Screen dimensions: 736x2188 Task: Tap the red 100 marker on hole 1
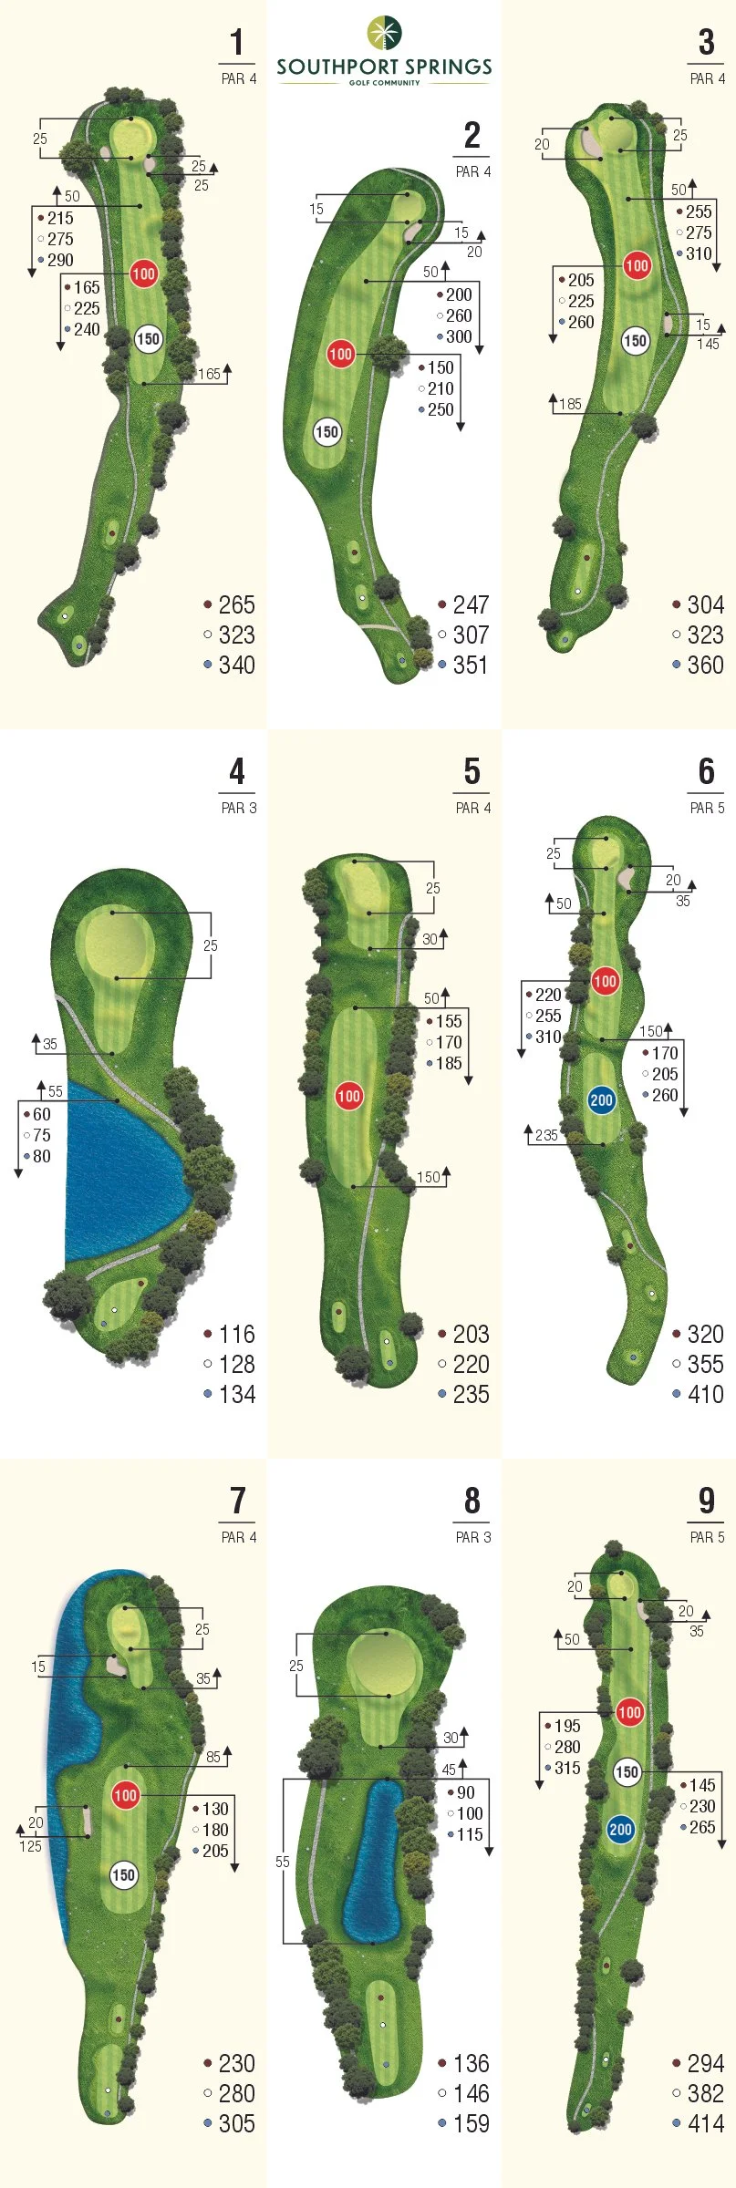pyautogui.click(x=144, y=273)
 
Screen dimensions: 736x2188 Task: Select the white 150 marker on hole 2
pyautogui.click(x=327, y=432)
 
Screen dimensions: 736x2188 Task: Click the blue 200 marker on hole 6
pyautogui.click(x=601, y=1099)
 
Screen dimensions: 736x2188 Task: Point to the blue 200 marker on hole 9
pyautogui.click(x=621, y=1829)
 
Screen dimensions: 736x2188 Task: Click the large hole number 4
pyautogui.click(x=237, y=772)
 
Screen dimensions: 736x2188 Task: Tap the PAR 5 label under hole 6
pyautogui.click(x=707, y=808)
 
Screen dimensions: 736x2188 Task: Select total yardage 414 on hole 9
pyautogui.click(x=705, y=2123)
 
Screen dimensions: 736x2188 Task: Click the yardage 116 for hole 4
pyautogui.click(x=236, y=1334)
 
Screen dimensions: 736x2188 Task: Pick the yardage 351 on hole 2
pyautogui.click(x=471, y=665)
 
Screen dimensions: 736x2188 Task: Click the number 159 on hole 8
pyautogui.click(x=471, y=2123)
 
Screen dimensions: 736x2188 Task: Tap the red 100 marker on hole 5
pyautogui.click(x=349, y=1096)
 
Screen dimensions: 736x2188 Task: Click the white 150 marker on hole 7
pyautogui.click(x=123, y=1874)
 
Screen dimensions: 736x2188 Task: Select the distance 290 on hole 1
pyautogui.click(x=60, y=260)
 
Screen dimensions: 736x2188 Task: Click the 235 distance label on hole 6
pyautogui.click(x=546, y=1135)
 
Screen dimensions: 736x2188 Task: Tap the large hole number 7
pyautogui.click(x=237, y=1501)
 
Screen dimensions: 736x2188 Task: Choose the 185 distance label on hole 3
pyautogui.click(x=570, y=404)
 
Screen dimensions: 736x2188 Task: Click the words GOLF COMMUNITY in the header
pyautogui.click(x=384, y=83)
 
